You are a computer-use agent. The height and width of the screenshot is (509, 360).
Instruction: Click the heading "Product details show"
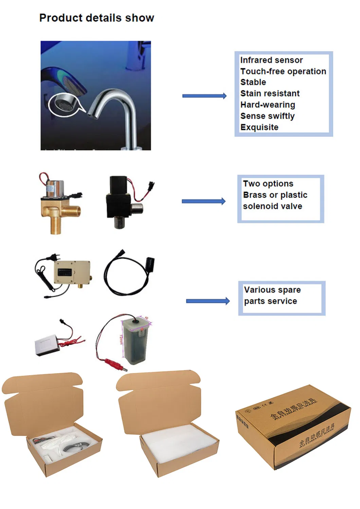(96, 18)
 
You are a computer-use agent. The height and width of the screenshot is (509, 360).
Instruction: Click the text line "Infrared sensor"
(271, 60)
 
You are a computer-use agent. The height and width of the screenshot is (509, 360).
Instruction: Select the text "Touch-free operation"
(283, 71)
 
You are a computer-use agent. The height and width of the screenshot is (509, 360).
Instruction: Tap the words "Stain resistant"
(270, 93)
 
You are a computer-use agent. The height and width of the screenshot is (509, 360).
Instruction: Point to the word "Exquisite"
(259, 127)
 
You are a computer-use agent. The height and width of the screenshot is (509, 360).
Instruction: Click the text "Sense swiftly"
(267, 116)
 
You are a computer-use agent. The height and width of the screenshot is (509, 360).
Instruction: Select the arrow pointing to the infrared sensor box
(204, 96)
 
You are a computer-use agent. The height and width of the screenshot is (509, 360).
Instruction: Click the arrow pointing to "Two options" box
(203, 201)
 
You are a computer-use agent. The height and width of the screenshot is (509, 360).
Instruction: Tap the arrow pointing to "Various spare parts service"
(208, 301)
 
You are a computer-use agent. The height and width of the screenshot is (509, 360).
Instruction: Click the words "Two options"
(268, 184)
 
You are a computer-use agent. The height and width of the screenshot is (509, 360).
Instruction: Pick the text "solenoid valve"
(272, 206)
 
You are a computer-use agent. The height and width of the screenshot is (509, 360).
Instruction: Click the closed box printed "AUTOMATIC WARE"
(293, 428)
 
